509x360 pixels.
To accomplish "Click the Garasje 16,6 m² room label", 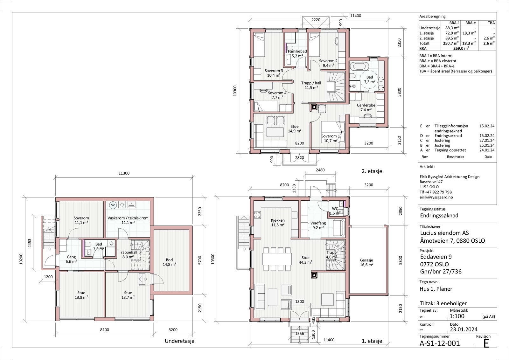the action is click(366, 262).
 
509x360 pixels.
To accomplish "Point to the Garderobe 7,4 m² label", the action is click(366, 107).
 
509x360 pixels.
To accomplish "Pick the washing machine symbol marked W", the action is click(113, 205).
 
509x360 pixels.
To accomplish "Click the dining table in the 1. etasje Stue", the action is click(277, 259).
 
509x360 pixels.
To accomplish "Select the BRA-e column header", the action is click(471, 23).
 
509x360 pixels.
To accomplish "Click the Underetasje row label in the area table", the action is click(430, 28).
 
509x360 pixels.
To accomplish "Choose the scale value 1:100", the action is click(457, 316).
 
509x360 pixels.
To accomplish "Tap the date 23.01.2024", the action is click(464, 329).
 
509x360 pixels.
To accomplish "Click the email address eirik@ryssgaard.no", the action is click(436, 197).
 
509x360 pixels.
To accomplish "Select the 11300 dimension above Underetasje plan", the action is click(124, 173).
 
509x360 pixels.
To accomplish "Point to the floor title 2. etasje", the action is click(372, 171).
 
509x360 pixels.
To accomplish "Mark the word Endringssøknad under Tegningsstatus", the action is click(439, 216).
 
